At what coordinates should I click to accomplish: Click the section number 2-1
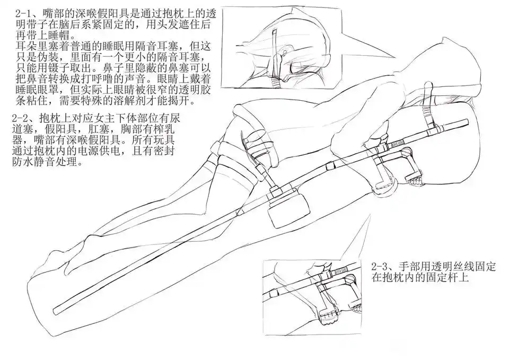tap(22, 12)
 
